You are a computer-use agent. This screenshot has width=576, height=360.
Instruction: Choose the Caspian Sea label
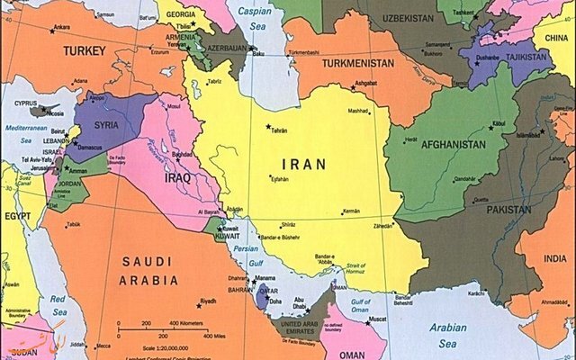(x=256, y=20)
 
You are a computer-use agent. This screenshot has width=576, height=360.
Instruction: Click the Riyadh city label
(x=208, y=301)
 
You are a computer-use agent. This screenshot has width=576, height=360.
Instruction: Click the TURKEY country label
(x=85, y=51)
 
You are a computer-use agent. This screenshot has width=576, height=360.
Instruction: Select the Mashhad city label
(x=359, y=112)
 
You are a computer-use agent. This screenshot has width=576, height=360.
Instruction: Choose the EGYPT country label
(x=16, y=215)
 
